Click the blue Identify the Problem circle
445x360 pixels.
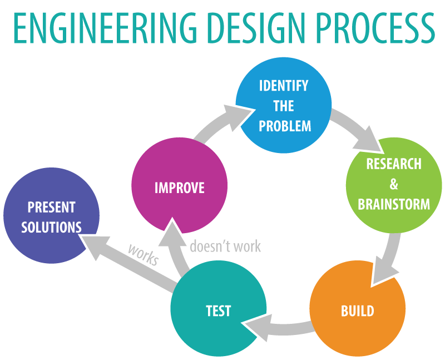point(284,105)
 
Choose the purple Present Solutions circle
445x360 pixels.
point(51,216)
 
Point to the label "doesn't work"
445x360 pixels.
point(225,246)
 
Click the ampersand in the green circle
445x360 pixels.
point(394,184)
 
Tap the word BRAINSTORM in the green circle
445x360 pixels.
point(394,204)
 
